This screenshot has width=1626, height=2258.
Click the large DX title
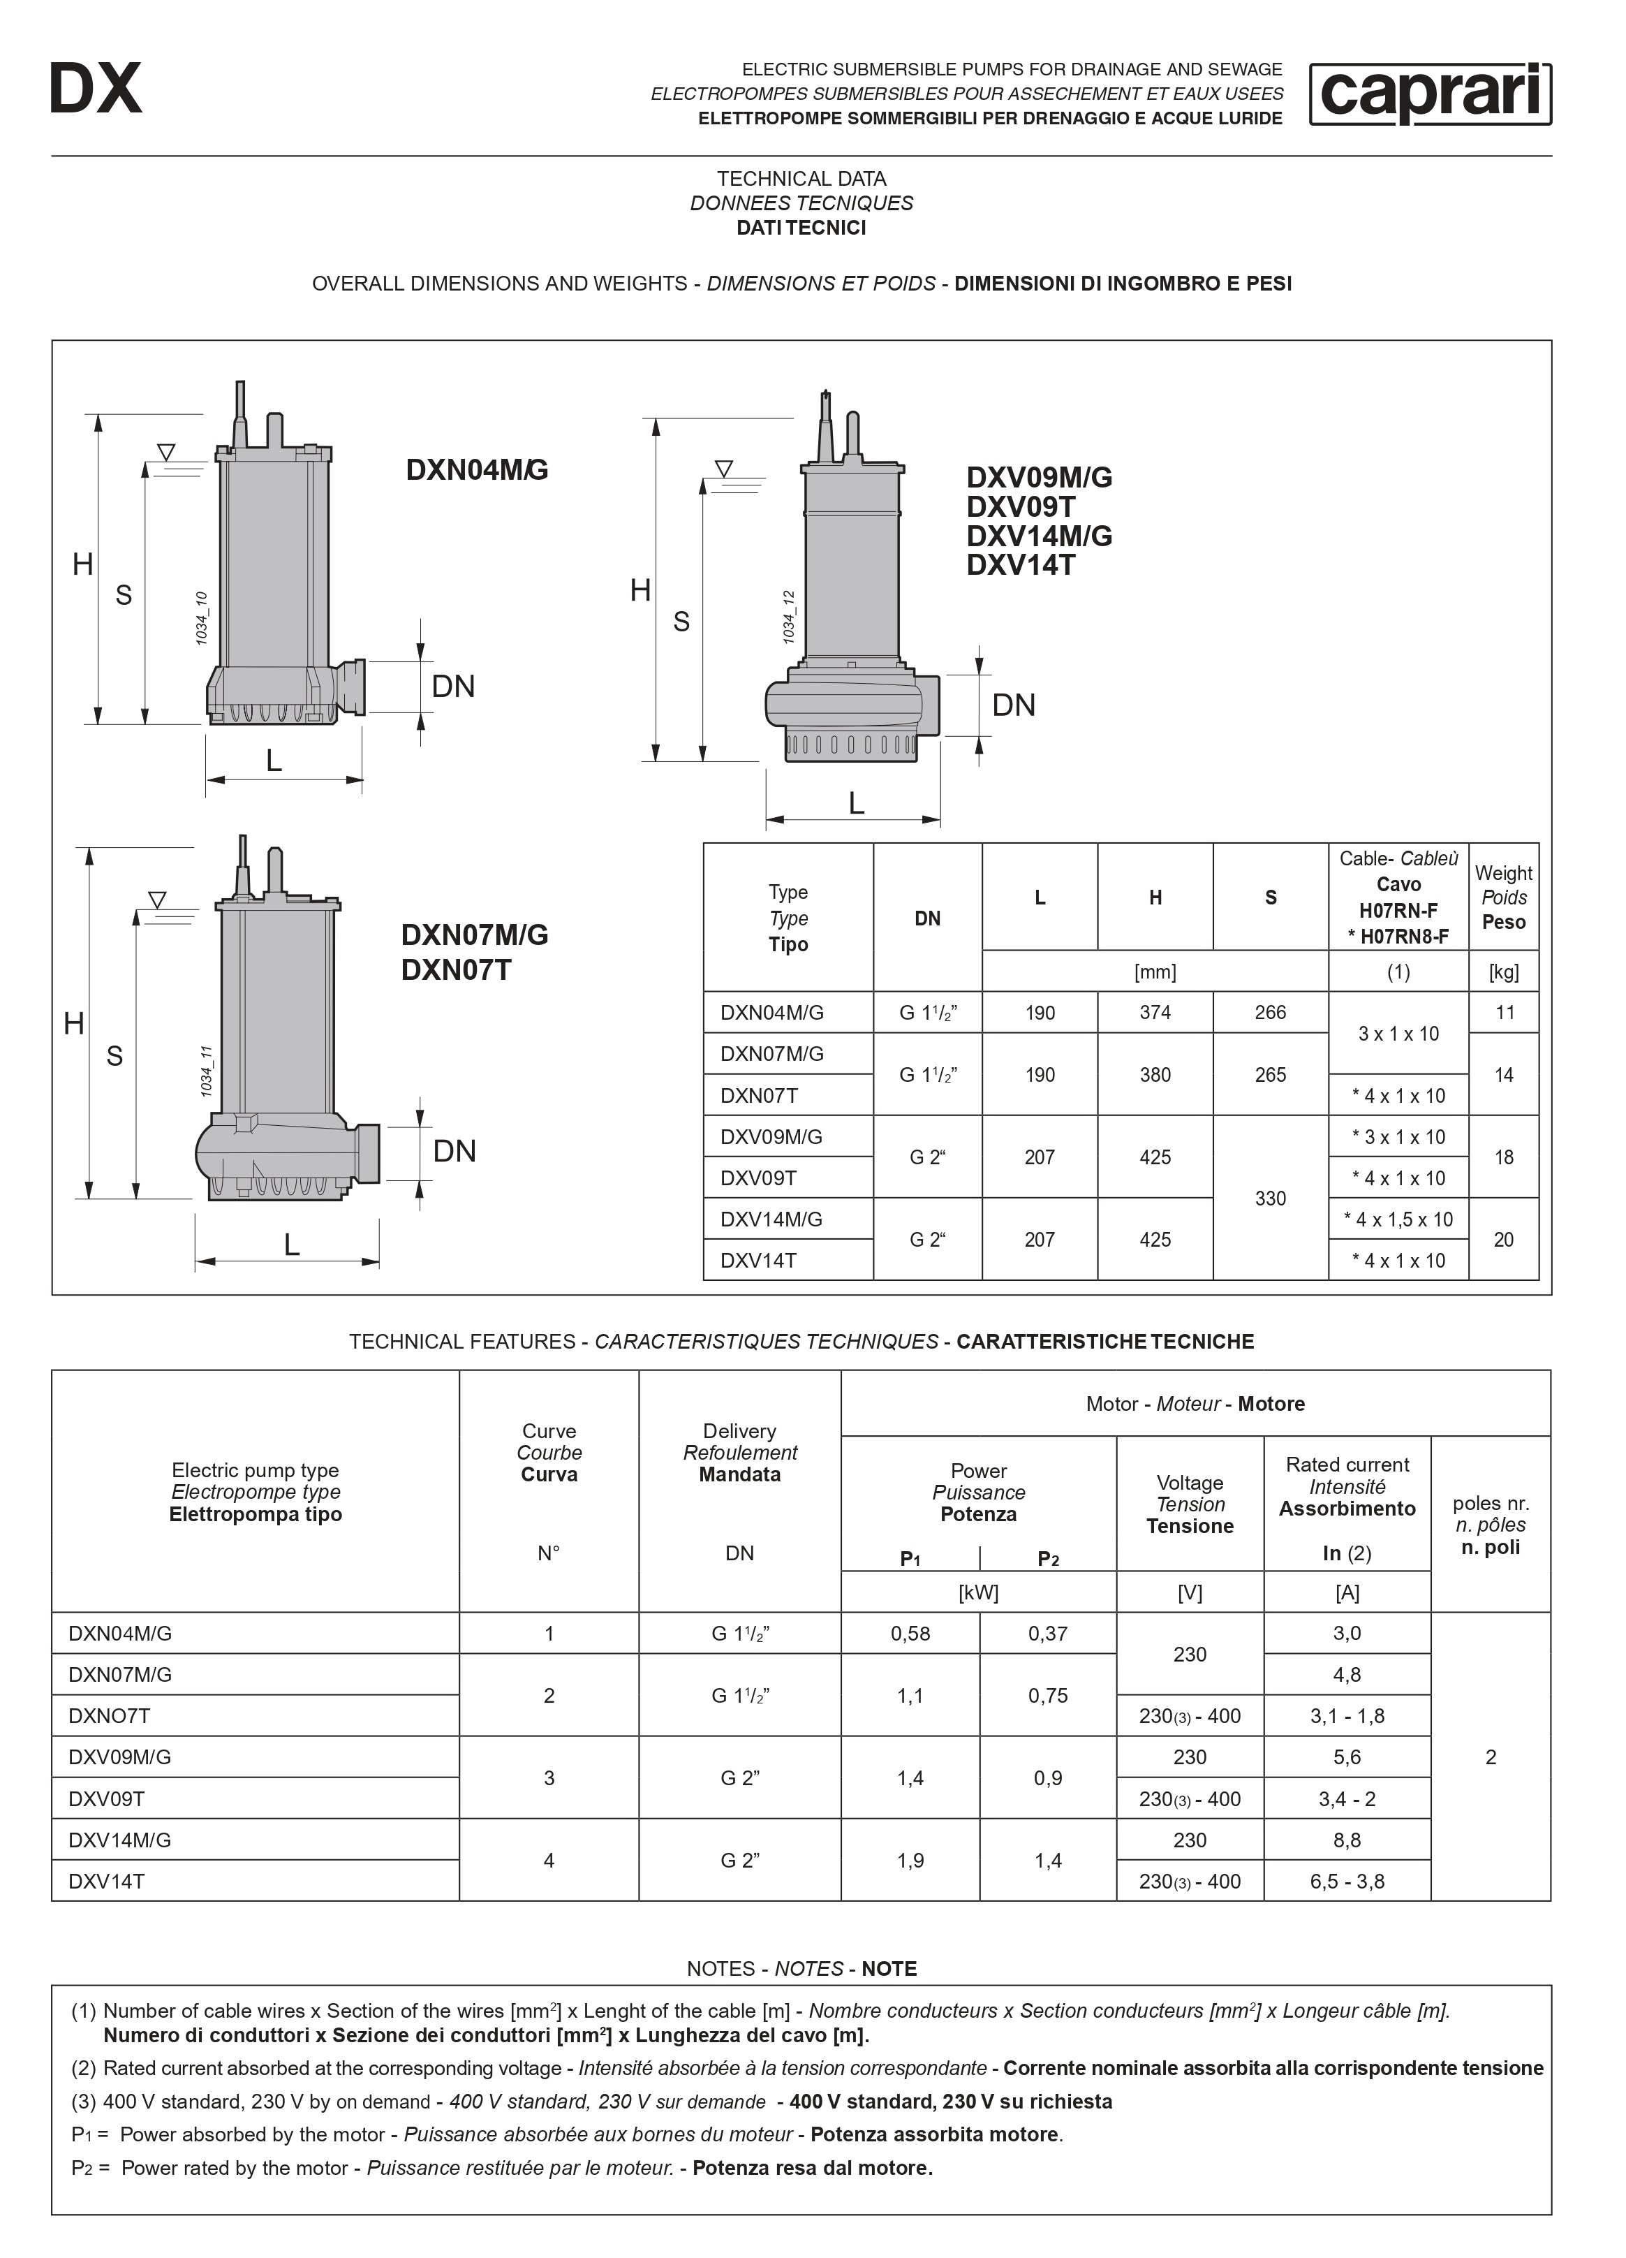pos(96,89)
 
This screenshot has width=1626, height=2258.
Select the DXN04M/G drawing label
pos(477,470)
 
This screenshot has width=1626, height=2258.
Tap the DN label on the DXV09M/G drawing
pos(1013,705)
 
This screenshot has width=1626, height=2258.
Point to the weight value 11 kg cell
pos(1504,1013)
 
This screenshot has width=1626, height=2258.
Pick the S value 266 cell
pos(1270,1013)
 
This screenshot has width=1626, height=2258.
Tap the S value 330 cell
pos(1270,1198)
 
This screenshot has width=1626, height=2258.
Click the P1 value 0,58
pos(910,1634)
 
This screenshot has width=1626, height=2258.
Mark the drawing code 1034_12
pos(789,616)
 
